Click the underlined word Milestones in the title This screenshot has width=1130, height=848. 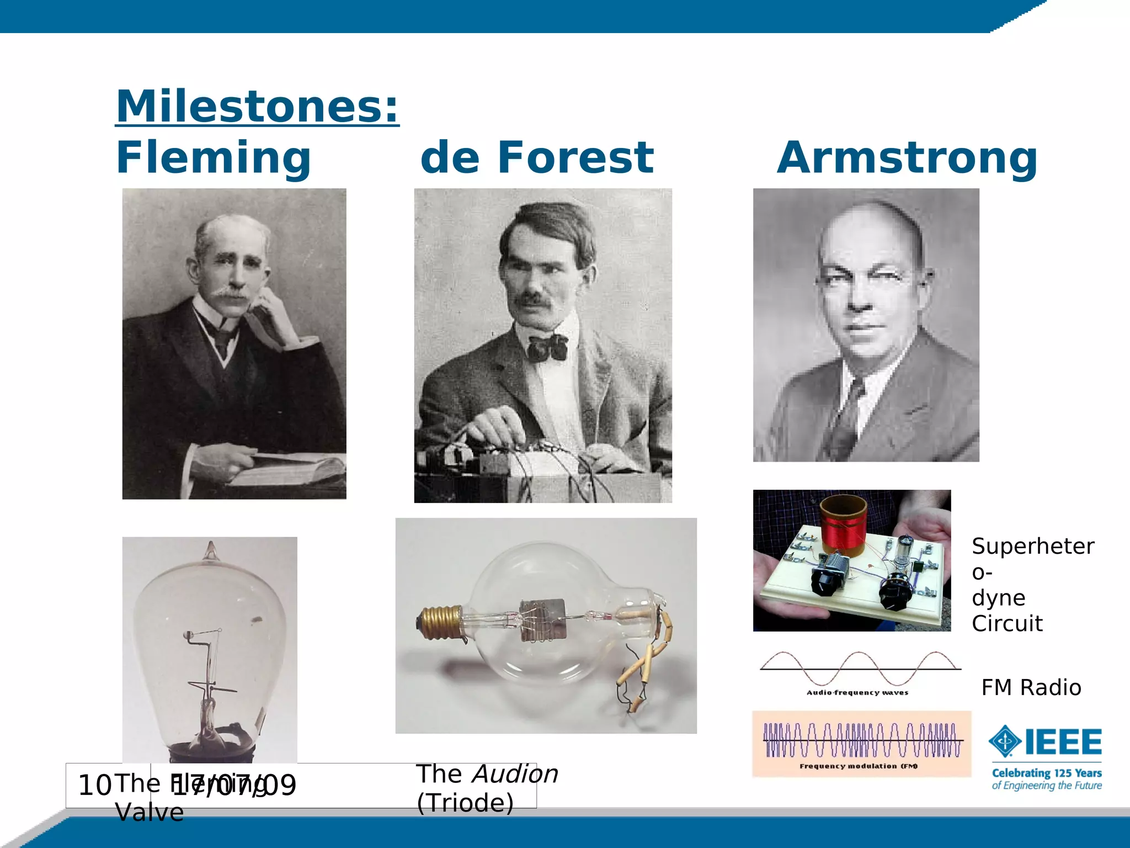point(257,106)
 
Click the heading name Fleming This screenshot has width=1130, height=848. point(214,158)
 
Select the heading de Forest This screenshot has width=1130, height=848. point(537,158)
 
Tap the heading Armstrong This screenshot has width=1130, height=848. point(907,158)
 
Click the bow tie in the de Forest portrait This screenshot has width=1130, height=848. point(547,347)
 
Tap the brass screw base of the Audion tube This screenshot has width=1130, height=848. point(440,622)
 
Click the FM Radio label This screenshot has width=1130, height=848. point(1031,688)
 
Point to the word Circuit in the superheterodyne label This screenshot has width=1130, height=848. point(1007,624)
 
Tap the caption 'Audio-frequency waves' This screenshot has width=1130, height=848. point(857,692)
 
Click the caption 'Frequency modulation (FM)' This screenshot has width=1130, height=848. point(858,766)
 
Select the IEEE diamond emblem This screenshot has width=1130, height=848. point(1005,741)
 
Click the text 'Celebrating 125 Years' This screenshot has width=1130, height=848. point(1046,773)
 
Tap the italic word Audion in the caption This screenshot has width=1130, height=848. point(515,774)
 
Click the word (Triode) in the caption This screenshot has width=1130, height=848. point(465,803)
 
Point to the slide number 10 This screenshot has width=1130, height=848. point(94,786)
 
